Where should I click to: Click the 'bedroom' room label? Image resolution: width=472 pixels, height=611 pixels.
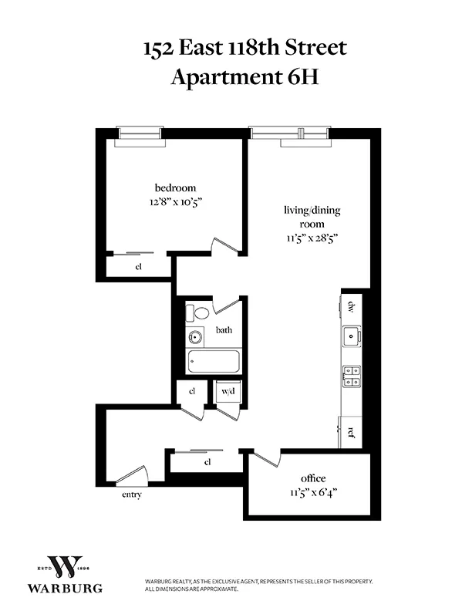pyautogui.click(x=175, y=187)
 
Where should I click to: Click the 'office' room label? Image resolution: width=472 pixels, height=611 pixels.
pyautogui.click(x=314, y=478)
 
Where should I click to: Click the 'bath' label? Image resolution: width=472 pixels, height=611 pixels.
pyautogui.click(x=224, y=330)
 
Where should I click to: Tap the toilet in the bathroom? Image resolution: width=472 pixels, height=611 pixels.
pyautogui.click(x=199, y=313)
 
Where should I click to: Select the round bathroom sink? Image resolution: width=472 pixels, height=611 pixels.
pyautogui.click(x=195, y=336)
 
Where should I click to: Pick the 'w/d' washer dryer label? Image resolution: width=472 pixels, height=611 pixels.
pyautogui.click(x=230, y=391)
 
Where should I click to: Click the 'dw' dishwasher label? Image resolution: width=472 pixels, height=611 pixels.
pyautogui.click(x=351, y=307)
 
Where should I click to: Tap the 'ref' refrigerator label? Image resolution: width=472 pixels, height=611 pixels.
pyautogui.click(x=351, y=432)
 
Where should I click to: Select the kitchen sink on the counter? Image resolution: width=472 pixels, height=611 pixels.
pyautogui.click(x=352, y=336)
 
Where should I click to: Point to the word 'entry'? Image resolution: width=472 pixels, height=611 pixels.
pyautogui.click(x=131, y=495)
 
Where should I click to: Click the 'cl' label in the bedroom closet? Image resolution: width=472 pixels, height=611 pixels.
pyautogui.click(x=140, y=267)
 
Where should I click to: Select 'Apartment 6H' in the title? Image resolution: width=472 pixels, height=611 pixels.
pyautogui.click(x=235, y=77)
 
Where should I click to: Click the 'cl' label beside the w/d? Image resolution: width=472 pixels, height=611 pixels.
pyautogui.click(x=192, y=391)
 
